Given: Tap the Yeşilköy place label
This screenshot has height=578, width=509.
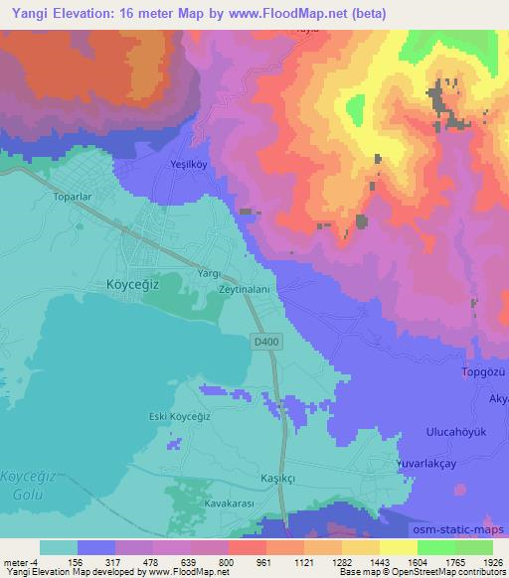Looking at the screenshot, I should coord(193,166).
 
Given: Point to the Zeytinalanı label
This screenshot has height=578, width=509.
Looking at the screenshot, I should coord(245,287).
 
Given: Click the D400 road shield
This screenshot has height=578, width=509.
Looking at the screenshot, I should coord(262,341).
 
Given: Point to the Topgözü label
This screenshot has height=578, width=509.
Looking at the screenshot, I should coord(484,372).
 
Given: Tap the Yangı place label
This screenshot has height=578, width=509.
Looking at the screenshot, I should coord(208,273).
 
